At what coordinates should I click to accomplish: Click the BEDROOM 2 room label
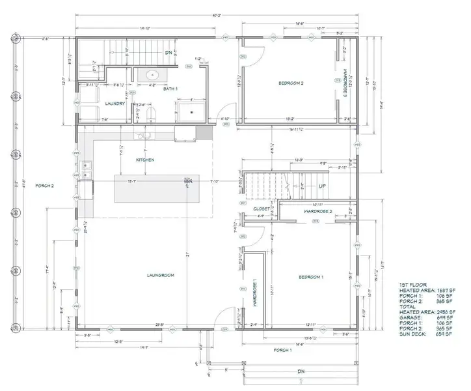click(291, 83)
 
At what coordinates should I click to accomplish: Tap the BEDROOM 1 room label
click(310, 277)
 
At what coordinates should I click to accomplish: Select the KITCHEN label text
click(144, 160)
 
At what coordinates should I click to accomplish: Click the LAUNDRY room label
click(114, 103)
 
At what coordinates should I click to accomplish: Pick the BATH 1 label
click(170, 89)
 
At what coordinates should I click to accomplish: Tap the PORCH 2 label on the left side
click(44, 186)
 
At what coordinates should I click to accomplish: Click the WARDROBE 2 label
click(318, 212)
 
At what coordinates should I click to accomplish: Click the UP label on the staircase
click(322, 186)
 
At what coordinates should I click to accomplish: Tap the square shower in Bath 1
click(191, 111)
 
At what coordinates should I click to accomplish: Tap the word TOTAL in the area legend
click(409, 305)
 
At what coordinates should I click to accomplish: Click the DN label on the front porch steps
click(301, 372)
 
